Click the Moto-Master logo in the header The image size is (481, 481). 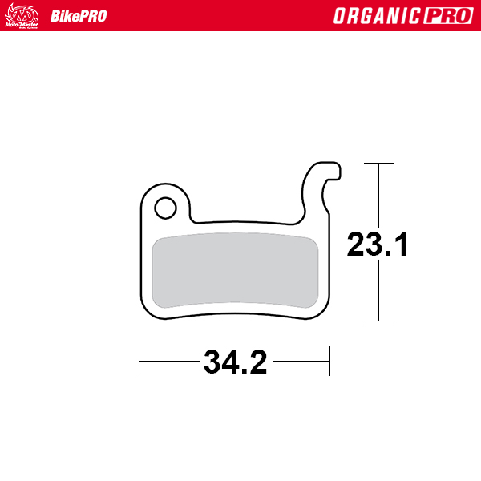tap(22, 15)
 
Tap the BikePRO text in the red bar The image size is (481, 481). tap(79, 16)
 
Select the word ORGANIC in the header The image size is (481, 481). tap(372, 16)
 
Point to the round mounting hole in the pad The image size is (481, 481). tap(165, 208)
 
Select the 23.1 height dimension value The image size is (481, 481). tap(378, 245)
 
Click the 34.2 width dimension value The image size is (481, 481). tap(235, 362)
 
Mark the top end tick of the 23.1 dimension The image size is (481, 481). tap(378, 164)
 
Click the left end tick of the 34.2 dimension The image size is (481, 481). tap(139, 361)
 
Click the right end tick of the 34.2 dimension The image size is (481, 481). tap(330, 361)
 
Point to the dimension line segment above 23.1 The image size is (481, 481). tap(378, 192)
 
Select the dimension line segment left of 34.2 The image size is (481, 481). tap(168, 361)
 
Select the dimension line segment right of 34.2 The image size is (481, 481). tap(301, 361)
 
